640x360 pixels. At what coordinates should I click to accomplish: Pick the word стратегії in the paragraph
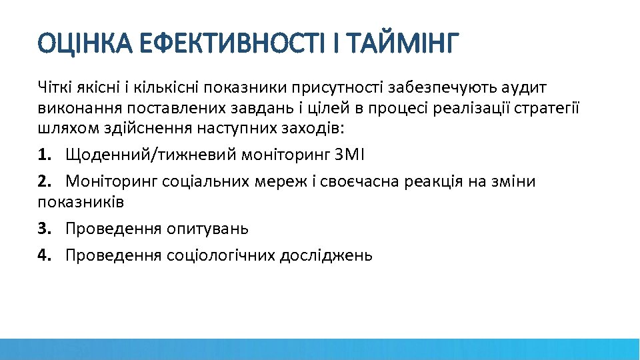tap(545, 109)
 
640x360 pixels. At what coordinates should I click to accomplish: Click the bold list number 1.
tap(44, 155)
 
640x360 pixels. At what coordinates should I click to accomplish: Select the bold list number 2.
tap(44, 182)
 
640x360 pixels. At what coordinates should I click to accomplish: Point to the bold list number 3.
tap(44, 229)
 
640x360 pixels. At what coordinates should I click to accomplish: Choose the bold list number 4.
tap(44, 255)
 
